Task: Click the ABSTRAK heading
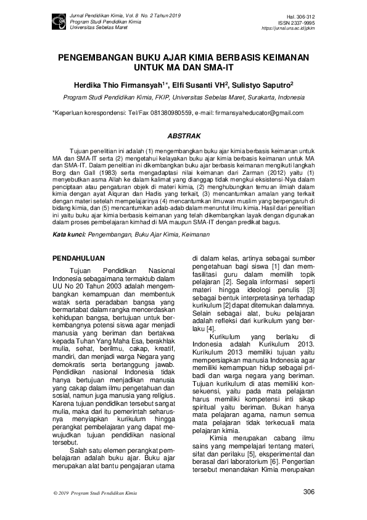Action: [x=183, y=135]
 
